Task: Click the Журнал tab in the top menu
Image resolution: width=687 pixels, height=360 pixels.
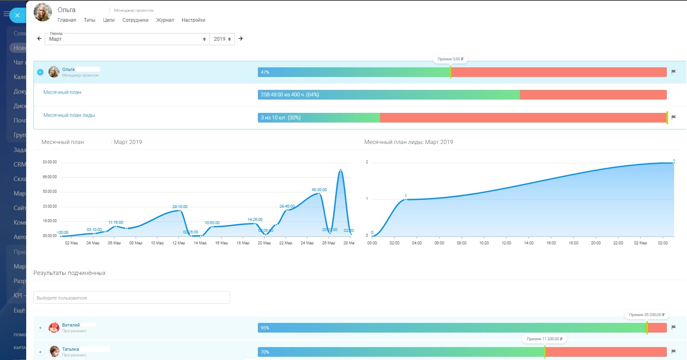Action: pyautogui.click(x=165, y=20)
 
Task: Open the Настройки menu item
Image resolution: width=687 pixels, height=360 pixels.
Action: pyautogui.click(x=193, y=20)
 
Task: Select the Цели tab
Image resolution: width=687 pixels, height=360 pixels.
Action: pyautogui.click(x=109, y=20)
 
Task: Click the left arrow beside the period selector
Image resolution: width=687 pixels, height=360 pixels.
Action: pyautogui.click(x=39, y=39)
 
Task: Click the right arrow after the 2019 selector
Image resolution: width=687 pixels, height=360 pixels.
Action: pyautogui.click(x=241, y=39)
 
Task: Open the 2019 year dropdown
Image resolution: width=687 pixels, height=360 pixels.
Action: pyautogui.click(x=222, y=39)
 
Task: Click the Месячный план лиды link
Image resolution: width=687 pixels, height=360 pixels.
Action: pyautogui.click(x=69, y=115)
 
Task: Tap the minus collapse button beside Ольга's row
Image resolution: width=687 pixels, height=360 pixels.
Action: pyautogui.click(x=40, y=72)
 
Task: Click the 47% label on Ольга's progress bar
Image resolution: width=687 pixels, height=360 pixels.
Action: pyautogui.click(x=265, y=73)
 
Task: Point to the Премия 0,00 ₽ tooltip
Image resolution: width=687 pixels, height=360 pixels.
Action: pyautogui.click(x=450, y=59)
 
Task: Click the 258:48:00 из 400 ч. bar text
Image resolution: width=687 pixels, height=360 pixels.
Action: pyautogui.click(x=290, y=95)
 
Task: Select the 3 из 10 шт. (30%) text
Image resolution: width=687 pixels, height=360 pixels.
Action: pyautogui.click(x=280, y=118)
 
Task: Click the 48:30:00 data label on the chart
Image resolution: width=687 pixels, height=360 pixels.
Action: pyautogui.click(x=319, y=189)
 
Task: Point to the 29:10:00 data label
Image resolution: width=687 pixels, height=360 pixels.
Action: pyautogui.click(x=180, y=206)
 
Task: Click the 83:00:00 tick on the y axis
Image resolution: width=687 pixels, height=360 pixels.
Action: pyautogui.click(x=50, y=162)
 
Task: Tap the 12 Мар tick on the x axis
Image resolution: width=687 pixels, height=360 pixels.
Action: pyautogui.click(x=178, y=243)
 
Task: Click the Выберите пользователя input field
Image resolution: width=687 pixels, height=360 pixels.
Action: pyautogui.click(x=131, y=298)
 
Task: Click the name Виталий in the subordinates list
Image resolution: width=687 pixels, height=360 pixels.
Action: pyautogui.click(x=71, y=325)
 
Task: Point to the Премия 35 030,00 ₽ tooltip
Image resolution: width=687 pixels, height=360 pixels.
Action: pyautogui.click(x=647, y=314)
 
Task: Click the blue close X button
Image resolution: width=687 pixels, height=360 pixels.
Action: pyautogui.click(x=17, y=15)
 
